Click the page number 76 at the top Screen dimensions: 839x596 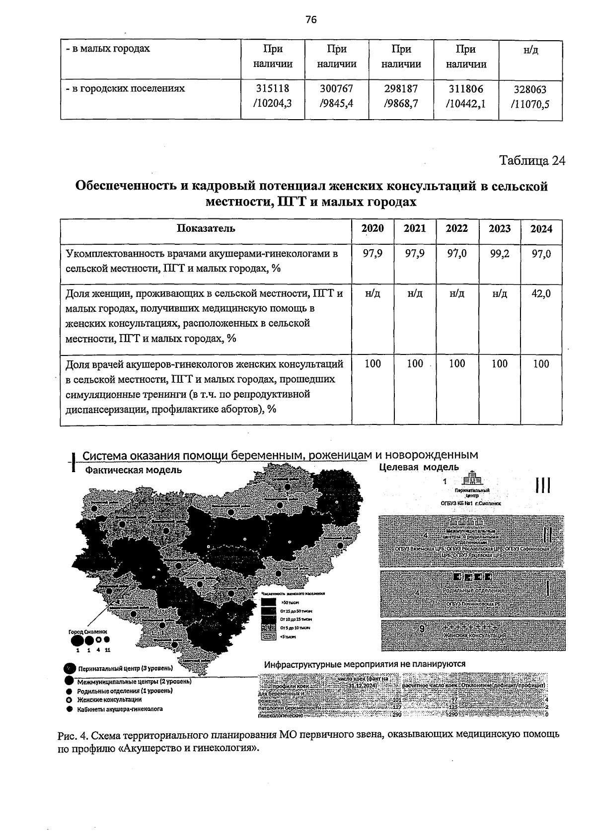(311, 19)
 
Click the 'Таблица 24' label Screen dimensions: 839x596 (532, 161)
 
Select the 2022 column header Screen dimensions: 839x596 (456, 228)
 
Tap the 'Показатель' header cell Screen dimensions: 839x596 (206, 228)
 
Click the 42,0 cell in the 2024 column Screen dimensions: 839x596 (541, 293)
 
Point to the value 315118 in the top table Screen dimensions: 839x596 (272, 88)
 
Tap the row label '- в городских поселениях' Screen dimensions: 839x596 (126, 88)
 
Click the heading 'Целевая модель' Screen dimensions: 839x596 (419, 467)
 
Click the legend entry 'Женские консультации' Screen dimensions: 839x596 (109, 699)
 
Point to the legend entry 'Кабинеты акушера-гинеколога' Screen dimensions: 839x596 (119, 709)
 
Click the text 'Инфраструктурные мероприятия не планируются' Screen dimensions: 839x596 (365, 664)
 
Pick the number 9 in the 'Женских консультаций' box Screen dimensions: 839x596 (421, 629)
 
